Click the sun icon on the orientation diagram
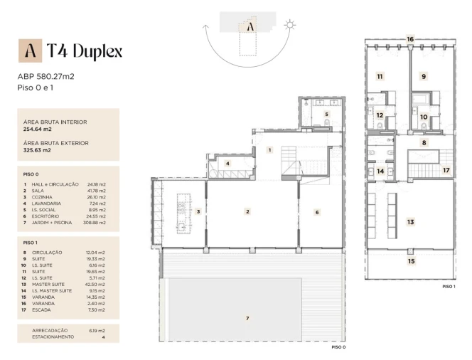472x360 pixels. [290, 25]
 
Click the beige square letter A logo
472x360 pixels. [30, 51]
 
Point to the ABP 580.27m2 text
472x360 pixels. [45, 77]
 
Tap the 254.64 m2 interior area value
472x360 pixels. [38, 129]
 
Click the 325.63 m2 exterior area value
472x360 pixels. [37, 150]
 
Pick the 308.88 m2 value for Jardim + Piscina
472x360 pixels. [95, 223]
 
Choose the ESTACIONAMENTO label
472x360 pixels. [53, 337]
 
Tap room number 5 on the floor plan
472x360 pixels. [326, 114]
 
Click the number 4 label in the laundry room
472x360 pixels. [227, 164]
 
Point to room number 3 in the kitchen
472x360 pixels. [198, 211]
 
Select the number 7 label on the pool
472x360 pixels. [247, 318]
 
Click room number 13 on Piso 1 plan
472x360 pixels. [411, 222]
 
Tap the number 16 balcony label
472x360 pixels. [410, 39]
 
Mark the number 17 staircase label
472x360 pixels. [446, 170]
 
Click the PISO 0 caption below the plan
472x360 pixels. [338, 347]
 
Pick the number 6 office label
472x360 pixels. [317, 213]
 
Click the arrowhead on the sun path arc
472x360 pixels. [206, 27]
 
